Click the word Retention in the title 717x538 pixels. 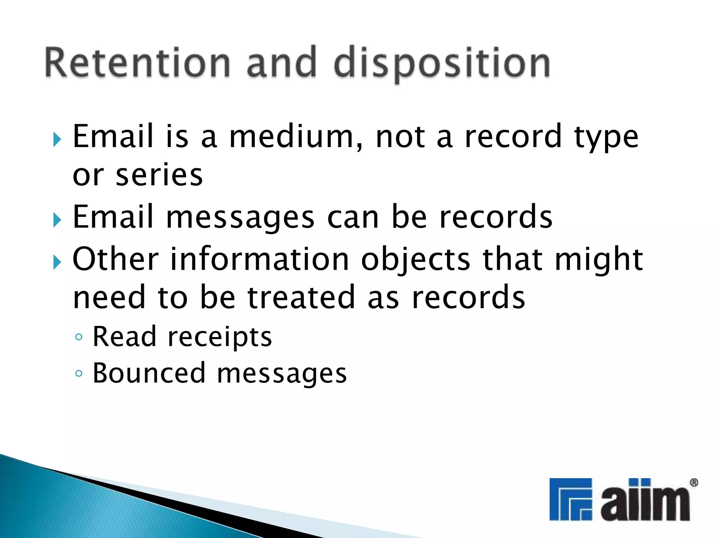pos(138,63)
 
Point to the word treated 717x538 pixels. pos(301,298)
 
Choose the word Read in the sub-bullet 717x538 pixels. pos(124,337)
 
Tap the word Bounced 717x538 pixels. pos(149,373)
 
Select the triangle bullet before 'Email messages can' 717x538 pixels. pos(57,220)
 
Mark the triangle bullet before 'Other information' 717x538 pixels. pos(57,262)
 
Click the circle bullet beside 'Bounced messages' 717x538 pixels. pos(79,373)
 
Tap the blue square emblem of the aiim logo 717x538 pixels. pos(571,499)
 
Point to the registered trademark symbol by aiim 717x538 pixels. pos(694,483)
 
